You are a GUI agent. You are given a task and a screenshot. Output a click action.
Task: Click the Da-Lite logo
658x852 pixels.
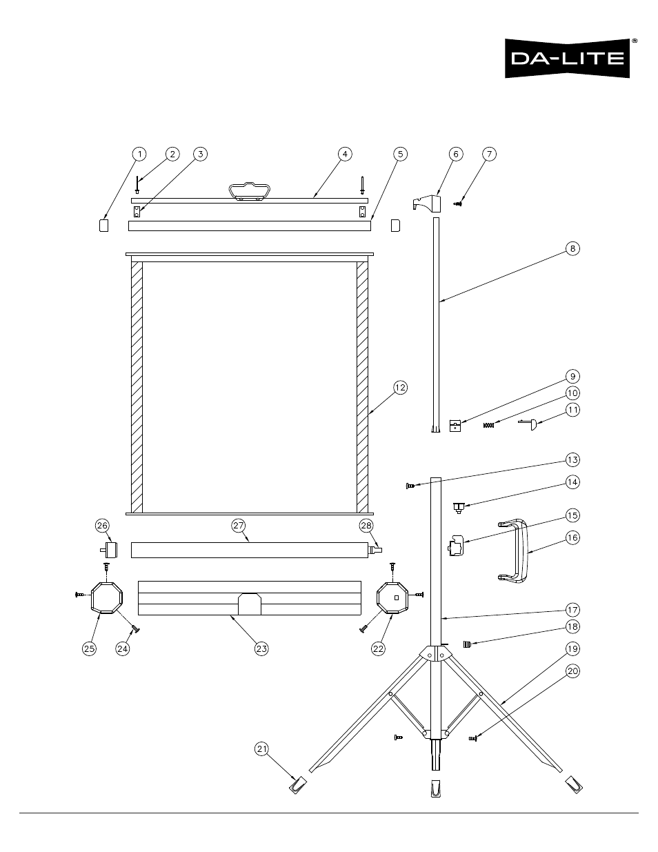point(568,58)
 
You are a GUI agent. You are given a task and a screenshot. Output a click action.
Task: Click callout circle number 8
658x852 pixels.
point(572,248)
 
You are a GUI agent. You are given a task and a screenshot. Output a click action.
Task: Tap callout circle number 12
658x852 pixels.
point(400,388)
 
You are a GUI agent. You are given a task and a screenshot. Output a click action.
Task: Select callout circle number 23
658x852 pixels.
point(261,648)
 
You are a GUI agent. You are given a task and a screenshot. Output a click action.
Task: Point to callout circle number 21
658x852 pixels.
point(261,749)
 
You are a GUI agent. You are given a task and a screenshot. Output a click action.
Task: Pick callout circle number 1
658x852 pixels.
point(139,154)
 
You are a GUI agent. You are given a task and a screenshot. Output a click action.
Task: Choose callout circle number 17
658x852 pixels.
point(572,610)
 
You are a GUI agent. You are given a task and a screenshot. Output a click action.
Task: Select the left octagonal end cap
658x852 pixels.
point(92,597)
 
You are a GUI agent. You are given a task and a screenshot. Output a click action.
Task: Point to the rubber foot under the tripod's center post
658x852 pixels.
point(436,788)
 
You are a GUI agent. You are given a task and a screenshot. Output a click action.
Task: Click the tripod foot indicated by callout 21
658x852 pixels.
point(298,785)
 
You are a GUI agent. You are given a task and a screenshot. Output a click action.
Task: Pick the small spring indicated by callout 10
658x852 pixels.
point(489,425)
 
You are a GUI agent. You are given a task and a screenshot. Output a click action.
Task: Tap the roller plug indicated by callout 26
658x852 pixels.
point(110,550)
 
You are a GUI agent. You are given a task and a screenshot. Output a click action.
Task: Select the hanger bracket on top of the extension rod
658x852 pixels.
point(427,203)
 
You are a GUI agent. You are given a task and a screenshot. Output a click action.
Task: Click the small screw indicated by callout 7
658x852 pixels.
point(457,204)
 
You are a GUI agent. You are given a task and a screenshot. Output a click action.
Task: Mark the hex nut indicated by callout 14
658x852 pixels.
point(458,508)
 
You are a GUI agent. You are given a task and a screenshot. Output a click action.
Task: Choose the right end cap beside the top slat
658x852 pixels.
point(395,226)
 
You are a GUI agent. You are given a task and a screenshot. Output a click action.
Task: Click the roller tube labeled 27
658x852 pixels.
point(250,550)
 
